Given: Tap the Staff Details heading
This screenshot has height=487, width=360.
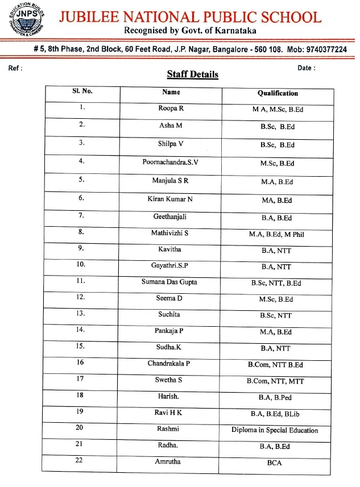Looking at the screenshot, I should (192, 74).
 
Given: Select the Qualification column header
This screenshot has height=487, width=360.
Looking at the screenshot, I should (278, 93).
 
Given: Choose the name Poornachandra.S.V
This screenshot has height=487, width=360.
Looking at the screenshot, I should (170, 163).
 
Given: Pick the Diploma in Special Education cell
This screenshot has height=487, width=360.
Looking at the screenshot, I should (275, 430).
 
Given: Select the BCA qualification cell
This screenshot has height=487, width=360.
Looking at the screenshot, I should (275, 463).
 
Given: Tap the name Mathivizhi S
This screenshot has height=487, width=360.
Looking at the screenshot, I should (170, 233).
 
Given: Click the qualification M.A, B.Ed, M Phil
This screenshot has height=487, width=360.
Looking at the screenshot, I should (276, 234).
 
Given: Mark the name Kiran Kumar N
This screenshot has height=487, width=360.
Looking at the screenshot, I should (170, 198).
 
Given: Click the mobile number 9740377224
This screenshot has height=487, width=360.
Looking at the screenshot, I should (326, 49).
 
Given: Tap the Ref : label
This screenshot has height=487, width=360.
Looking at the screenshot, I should (16, 68).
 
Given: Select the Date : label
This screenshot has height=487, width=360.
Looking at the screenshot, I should (307, 68).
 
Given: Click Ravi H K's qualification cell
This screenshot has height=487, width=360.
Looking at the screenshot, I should (275, 413).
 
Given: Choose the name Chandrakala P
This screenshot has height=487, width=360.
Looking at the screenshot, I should (169, 363).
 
